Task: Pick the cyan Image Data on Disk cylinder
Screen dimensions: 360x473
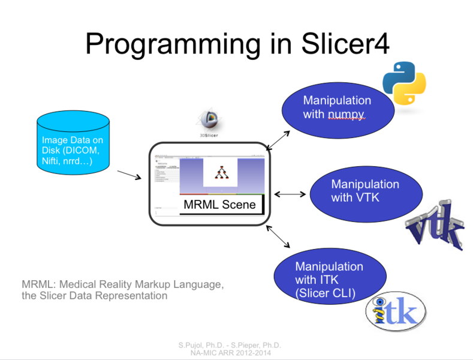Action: pyautogui.click(x=73, y=143)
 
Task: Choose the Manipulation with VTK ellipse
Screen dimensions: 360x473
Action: pyautogui.click(x=364, y=190)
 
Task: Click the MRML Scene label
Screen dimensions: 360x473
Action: pyautogui.click(x=219, y=205)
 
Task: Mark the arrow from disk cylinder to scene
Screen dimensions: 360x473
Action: pyautogui.click(x=129, y=175)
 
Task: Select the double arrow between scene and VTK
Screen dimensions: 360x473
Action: pyautogui.click(x=290, y=194)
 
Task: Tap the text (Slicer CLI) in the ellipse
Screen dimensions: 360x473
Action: pyautogui.click(x=325, y=293)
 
